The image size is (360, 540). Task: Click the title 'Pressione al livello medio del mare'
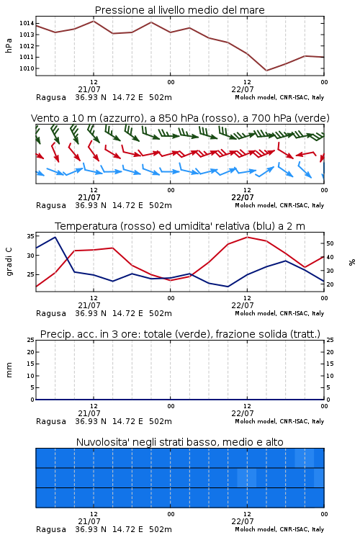click(x=179, y=10)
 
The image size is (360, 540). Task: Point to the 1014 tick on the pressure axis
click(x=27, y=24)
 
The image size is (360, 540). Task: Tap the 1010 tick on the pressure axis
click(x=27, y=68)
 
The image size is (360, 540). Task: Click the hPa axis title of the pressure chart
click(x=9, y=45)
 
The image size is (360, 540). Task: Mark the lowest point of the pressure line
click(x=266, y=71)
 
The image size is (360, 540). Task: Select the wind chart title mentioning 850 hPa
click(x=180, y=118)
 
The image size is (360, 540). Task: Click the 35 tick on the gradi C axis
click(x=30, y=236)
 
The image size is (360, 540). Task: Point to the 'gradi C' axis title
click(x=9, y=261)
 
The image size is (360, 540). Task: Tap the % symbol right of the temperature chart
click(x=352, y=262)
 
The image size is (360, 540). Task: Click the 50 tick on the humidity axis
click(x=330, y=243)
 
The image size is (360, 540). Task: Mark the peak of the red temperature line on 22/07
click(x=247, y=237)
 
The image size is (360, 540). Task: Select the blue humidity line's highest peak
click(x=55, y=237)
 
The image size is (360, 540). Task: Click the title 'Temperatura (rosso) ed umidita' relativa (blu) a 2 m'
click(x=180, y=226)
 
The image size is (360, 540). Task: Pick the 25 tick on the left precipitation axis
click(x=30, y=340)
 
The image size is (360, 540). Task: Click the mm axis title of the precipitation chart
click(x=9, y=370)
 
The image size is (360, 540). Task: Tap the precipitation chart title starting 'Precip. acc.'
click(x=180, y=334)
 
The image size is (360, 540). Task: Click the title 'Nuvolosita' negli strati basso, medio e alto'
click(x=179, y=442)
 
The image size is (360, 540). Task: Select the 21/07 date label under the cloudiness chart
click(x=89, y=521)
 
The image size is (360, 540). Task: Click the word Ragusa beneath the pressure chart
click(x=51, y=97)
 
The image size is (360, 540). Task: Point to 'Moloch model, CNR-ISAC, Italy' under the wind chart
click(x=279, y=205)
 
